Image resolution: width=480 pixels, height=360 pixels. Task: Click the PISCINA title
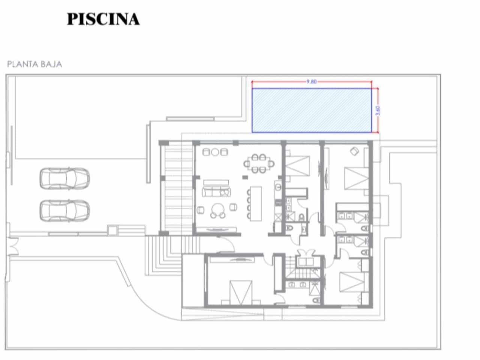[103, 19]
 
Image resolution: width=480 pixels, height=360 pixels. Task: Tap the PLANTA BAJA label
[34, 64]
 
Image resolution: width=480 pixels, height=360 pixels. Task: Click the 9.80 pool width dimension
[312, 81]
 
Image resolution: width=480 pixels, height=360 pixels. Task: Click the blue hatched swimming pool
[312, 110]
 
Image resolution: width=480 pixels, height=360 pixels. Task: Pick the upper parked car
[64, 178]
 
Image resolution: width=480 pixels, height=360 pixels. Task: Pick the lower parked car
[64, 210]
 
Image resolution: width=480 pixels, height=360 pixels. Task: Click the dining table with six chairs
[258, 163]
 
